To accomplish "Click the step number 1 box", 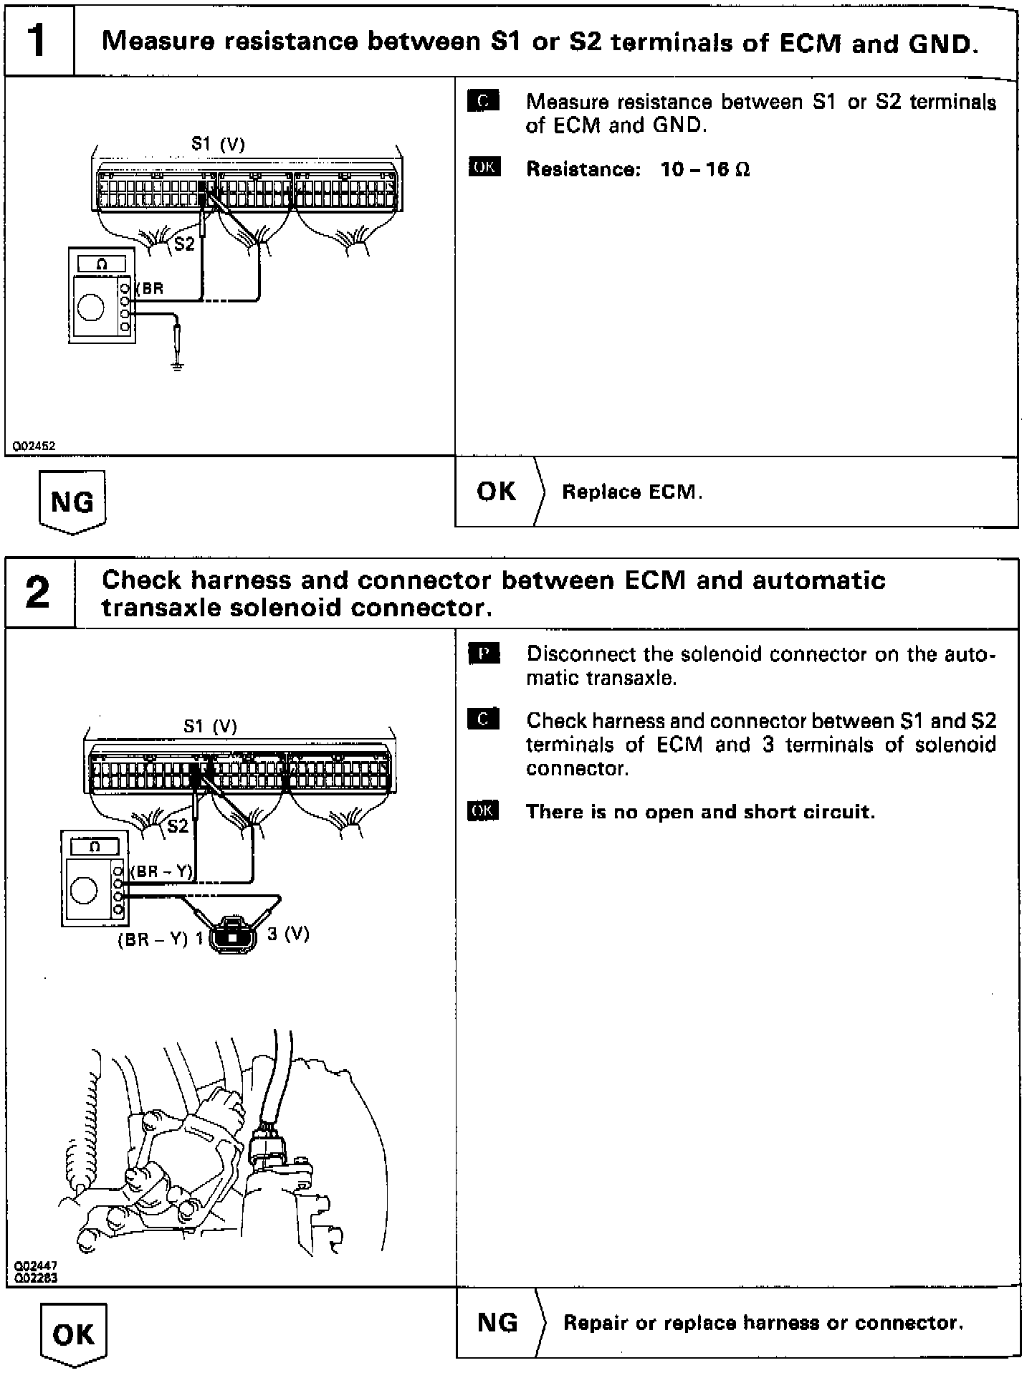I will tap(39, 41).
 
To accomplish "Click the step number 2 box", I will tap(39, 593).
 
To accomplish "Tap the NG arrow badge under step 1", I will tap(72, 502).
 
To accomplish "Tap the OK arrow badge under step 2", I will tap(73, 1334).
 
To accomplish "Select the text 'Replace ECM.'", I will tap(631, 492).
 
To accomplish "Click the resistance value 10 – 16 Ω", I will tap(705, 170).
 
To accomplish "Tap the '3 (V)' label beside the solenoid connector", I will tap(288, 934).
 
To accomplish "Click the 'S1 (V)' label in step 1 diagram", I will tap(218, 145).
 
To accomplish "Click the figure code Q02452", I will tap(31, 446).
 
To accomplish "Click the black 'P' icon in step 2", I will tap(484, 654).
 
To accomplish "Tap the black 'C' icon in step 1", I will tap(483, 102).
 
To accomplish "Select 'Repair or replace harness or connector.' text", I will tap(763, 1323).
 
